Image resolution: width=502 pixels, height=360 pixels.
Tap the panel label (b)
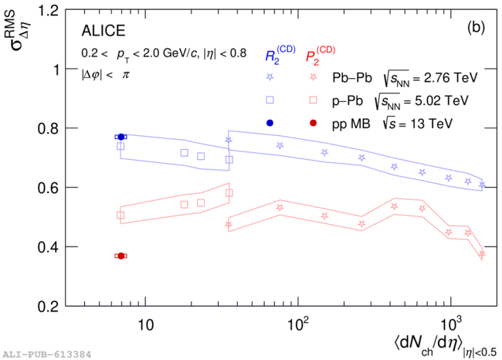coord(475,29)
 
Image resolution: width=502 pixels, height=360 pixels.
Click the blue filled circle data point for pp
coord(120,137)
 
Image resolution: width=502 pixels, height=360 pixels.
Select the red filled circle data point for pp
coord(120,256)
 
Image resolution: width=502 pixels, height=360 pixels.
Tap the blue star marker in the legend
coord(270,77)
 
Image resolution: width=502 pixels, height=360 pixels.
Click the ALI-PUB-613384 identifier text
coord(46,354)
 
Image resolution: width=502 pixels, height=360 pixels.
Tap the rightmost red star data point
coord(482,253)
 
